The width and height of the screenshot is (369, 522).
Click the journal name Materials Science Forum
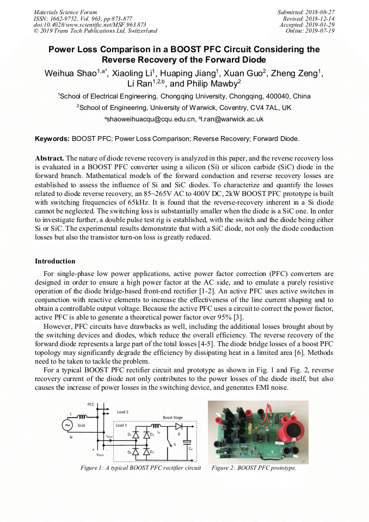tap(65, 12)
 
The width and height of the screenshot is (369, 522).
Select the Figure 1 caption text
tap(140, 468)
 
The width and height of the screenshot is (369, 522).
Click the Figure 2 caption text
tap(254, 468)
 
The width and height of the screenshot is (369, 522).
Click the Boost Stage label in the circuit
tap(173, 417)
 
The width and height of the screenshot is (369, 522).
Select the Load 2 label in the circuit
tap(122, 412)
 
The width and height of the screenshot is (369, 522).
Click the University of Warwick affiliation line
tap(184, 107)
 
